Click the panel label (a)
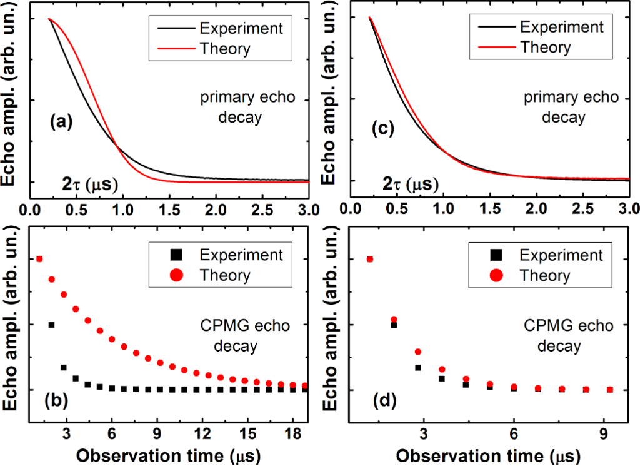pyautogui.click(x=61, y=123)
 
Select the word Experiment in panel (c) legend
pyautogui.click(x=562, y=27)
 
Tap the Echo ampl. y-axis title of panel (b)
pyautogui.click(x=12, y=332)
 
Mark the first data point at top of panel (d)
pyautogui.click(x=369, y=259)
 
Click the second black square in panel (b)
pyautogui.click(x=51, y=325)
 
